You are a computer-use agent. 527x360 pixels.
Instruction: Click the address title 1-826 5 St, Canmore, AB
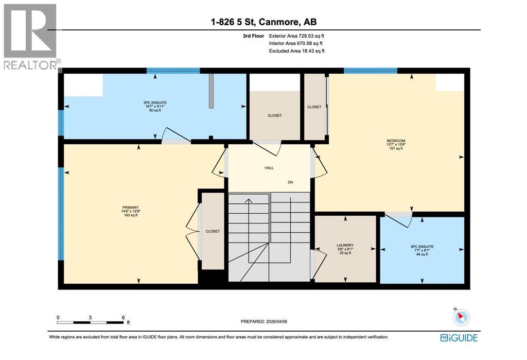click(x=263, y=22)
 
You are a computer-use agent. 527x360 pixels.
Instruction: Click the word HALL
click(x=269, y=167)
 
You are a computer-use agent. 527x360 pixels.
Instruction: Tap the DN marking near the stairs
click(x=290, y=182)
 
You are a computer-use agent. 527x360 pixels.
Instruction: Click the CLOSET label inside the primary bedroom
click(x=213, y=231)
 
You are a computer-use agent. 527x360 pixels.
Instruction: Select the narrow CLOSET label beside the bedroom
click(x=314, y=107)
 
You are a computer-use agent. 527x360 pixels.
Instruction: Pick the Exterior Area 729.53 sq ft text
click(x=296, y=36)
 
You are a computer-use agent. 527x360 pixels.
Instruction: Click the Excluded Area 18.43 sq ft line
click(x=296, y=50)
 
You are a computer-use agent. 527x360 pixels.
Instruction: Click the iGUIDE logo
click(x=459, y=338)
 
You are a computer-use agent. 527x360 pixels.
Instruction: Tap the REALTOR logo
click(x=30, y=36)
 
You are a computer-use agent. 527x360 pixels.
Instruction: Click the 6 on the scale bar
click(x=122, y=317)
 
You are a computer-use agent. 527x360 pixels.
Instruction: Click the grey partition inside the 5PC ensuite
click(x=211, y=91)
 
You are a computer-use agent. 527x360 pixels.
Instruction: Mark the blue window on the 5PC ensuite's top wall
click(x=173, y=71)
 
